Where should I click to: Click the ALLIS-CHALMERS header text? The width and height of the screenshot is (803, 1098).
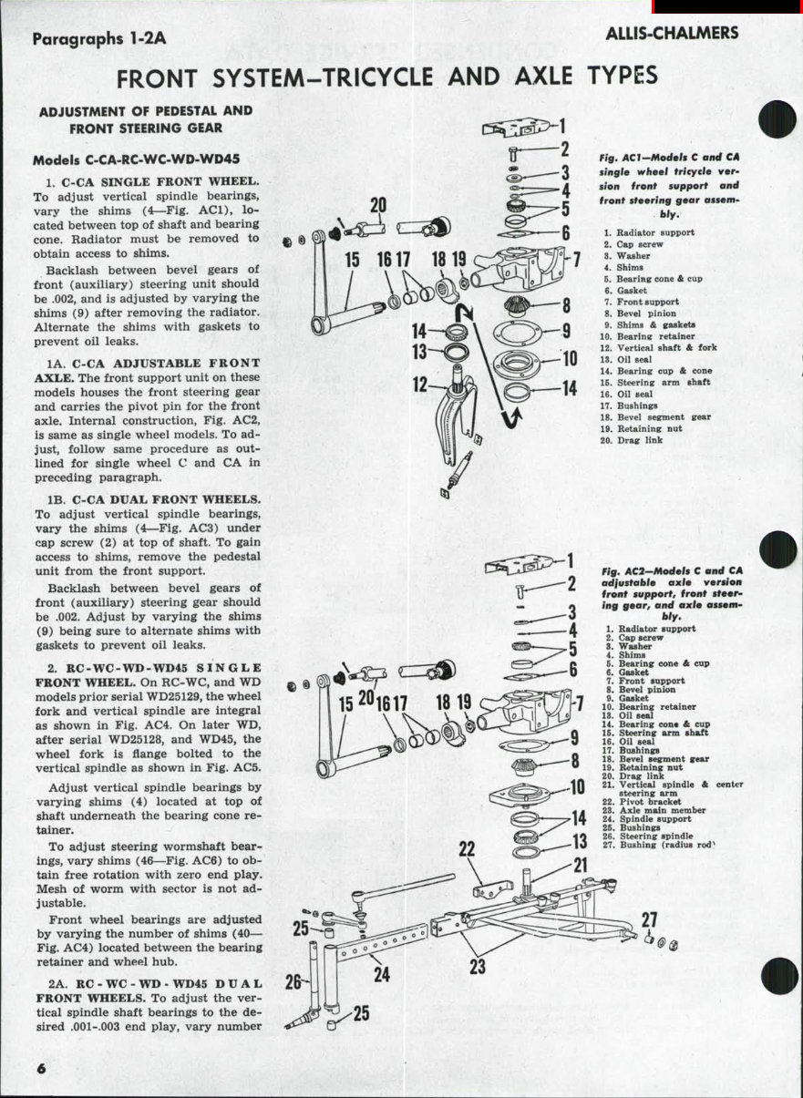click(672, 34)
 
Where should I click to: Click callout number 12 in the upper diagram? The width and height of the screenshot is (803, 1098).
click(420, 384)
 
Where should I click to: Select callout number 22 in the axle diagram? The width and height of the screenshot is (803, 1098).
click(467, 850)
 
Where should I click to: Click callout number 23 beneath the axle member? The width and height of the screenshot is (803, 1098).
click(477, 966)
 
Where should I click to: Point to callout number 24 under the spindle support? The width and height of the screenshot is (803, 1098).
click(382, 973)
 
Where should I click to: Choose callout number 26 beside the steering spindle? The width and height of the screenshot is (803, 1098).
click(293, 982)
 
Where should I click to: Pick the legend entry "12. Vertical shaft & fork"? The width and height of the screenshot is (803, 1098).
click(654, 347)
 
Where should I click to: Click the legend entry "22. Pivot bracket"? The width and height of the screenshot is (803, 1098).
click(646, 802)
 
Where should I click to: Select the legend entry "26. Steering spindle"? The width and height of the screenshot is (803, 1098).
click(652, 836)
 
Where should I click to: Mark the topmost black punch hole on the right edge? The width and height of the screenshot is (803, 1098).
click(777, 120)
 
